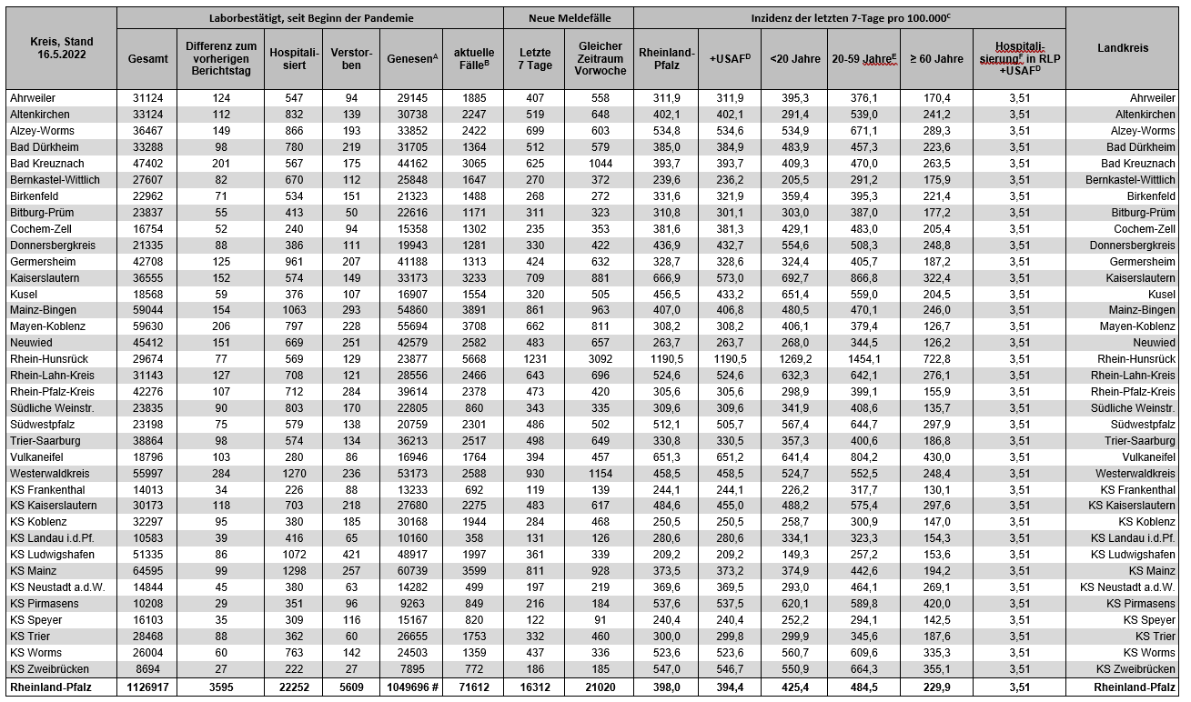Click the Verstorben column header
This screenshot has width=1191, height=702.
[x=350, y=58]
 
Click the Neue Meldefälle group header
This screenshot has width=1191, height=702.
[x=569, y=17]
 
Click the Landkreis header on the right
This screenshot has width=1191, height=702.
[x=1123, y=48]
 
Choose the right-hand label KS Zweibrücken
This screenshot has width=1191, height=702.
[x=1132, y=669]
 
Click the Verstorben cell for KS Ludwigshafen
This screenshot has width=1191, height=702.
[x=351, y=555]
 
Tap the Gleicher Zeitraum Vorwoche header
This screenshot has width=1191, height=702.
[x=600, y=58]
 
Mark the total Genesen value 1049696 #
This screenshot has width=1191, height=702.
[x=409, y=687]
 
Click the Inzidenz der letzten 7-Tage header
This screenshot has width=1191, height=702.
[x=849, y=17]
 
